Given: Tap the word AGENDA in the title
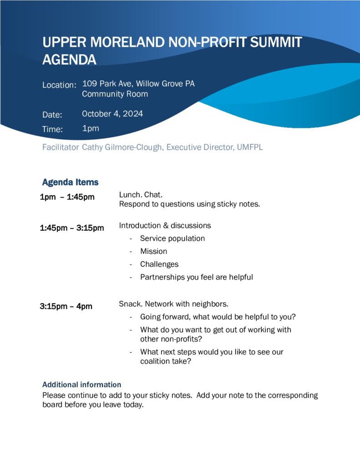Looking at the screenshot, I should tap(69, 60).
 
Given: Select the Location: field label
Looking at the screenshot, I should tap(59, 85).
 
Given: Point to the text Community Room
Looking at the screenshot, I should tap(115, 94).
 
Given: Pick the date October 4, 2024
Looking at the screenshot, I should tap(112, 114).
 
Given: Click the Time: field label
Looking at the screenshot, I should tap(52, 129).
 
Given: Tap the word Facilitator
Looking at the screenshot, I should tap(61, 147).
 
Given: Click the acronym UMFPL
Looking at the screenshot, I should tap(250, 147).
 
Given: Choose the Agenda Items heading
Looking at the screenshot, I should tap(70, 182).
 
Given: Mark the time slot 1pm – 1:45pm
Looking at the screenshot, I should tap(67, 197).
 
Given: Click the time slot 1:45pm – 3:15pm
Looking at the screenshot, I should tap(72, 228).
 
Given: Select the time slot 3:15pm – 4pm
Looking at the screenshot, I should tap(66, 306).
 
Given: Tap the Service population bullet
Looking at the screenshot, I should tap(172, 238).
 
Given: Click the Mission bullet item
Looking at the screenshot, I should tap(153, 251).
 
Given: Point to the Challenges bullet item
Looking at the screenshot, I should tap(159, 264).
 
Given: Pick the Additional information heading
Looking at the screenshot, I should tap(81, 385).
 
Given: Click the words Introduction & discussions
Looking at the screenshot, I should tap(165, 225).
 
